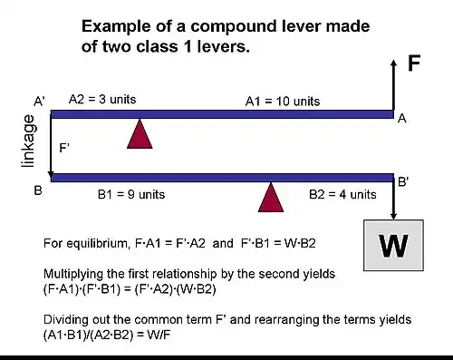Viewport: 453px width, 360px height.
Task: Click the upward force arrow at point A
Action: (394, 86)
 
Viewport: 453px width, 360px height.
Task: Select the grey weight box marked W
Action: (394, 244)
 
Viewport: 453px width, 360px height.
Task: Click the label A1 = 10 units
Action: (283, 102)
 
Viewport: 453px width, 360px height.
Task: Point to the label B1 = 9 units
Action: (130, 194)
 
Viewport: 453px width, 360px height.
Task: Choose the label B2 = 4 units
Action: (342, 194)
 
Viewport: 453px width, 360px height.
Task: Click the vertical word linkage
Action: (28, 141)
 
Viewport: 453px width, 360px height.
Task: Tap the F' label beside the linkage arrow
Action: (63, 145)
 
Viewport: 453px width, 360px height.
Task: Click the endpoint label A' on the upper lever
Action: (39, 102)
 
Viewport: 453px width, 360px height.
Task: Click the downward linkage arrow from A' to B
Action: (51, 145)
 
